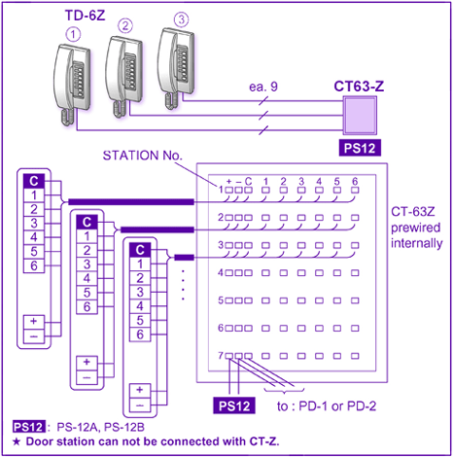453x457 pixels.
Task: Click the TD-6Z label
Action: click(86, 16)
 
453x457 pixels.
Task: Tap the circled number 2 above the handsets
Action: click(125, 25)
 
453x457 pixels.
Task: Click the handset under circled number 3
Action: click(176, 69)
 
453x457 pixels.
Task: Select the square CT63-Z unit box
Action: click(360, 116)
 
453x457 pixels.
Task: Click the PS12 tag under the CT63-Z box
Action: click(360, 148)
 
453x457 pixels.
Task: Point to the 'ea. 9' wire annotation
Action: click(263, 87)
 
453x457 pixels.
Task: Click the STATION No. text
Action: click(143, 156)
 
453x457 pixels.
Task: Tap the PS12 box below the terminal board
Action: click(234, 405)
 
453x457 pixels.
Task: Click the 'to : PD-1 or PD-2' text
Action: click(327, 406)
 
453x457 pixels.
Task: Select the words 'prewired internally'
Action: click(416, 235)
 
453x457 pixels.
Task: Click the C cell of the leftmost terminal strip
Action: click(34, 181)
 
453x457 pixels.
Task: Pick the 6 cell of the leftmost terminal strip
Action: click(34, 265)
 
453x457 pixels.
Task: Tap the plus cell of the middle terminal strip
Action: click(87, 363)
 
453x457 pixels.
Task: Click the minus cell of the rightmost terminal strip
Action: click(140, 405)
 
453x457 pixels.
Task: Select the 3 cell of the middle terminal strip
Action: click(87, 264)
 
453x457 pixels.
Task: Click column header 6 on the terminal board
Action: click(355, 181)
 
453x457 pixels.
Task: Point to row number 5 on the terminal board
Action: click(221, 300)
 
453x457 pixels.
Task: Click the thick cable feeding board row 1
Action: click(131, 202)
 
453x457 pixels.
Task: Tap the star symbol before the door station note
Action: click(17, 441)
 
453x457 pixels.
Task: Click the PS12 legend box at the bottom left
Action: click(28, 427)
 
